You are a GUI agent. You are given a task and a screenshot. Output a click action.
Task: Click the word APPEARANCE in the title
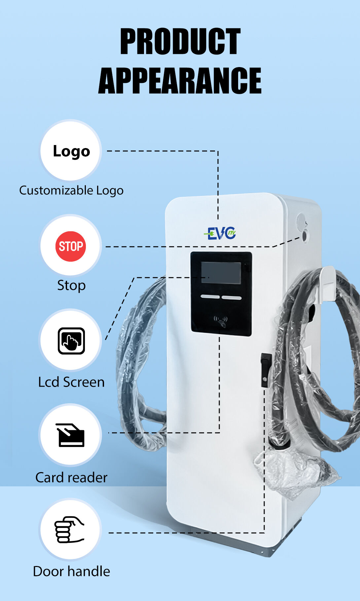tap(180, 81)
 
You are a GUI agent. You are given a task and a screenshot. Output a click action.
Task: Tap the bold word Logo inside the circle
tap(71, 151)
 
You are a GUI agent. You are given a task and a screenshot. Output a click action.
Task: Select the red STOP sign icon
tap(71, 246)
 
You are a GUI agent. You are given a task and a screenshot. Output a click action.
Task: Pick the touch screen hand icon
tap(71, 341)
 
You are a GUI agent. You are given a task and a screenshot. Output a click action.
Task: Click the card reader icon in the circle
tap(71, 435)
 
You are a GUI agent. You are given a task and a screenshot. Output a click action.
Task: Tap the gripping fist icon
tap(70, 530)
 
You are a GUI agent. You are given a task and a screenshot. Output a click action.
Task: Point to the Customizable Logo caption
tap(71, 190)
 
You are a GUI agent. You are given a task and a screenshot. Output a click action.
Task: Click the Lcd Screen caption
tap(71, 382)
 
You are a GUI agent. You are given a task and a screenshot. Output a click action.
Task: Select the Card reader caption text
tap(71, 477)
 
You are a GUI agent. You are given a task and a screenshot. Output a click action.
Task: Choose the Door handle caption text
tap(71, 571)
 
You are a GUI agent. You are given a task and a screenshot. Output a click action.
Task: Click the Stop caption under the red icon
tap(71, 285)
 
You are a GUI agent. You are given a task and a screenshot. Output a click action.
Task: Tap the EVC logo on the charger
tap(220, 234)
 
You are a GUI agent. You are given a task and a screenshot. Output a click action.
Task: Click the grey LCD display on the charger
tap(221, 273)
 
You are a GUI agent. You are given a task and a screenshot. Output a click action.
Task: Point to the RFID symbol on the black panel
tap(221, 320)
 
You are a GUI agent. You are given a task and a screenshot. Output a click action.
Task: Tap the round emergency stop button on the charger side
tap(305, 235)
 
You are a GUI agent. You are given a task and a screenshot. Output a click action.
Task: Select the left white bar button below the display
tap(210, 297)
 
